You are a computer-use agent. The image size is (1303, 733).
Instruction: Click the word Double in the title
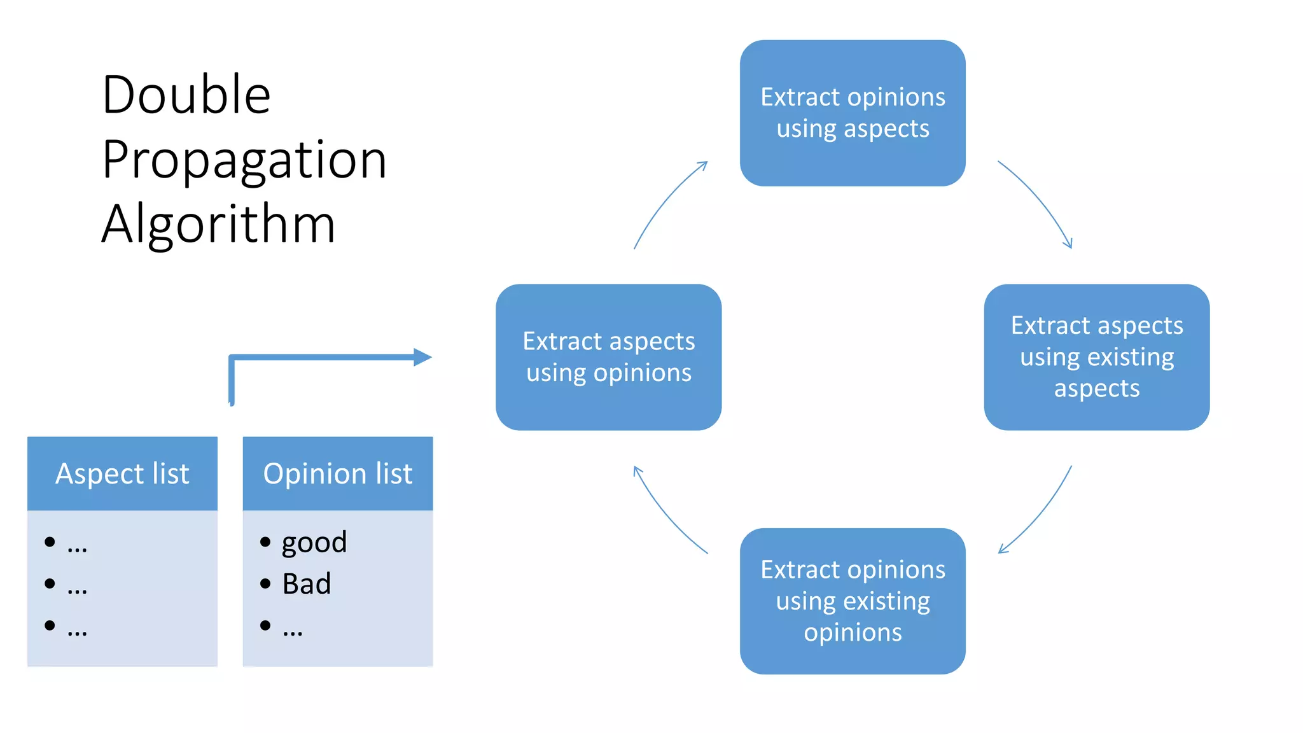[x=186, y=95]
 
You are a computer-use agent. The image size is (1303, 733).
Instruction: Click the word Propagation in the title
[x=244, y=160]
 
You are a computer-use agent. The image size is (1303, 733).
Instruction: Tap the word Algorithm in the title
[x=218, y=224]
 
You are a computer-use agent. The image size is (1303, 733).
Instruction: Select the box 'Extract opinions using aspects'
[x=853, y=113]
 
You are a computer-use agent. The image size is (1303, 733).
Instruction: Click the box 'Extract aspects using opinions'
[x=608, y=357]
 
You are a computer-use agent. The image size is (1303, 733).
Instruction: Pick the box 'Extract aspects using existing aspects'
[x=1096, y=357]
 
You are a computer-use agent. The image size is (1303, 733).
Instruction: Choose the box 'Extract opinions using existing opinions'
[x=853, y=601]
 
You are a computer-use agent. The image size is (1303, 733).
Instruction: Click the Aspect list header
[x=122, y=473]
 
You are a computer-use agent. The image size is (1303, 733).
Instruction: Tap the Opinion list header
[x=338, y=473]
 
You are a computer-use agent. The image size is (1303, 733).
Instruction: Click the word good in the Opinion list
[x=314, y=542]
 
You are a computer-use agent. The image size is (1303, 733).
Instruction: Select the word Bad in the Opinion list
[x=307, y=584]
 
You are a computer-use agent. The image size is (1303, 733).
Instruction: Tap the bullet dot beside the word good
[x=265, y=542]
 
